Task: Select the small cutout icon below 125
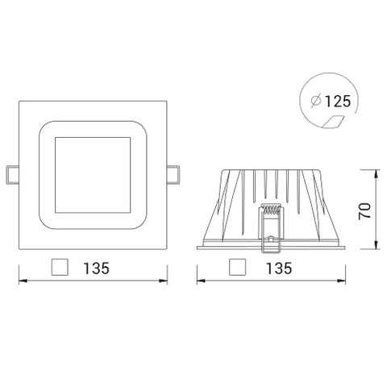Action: pos(331,121)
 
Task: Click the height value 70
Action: pos(364,211)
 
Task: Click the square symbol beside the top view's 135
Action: pos(59,267)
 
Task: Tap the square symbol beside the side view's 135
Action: pos(237,267)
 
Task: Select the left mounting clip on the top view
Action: pos(12,173)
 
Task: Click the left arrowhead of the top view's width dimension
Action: pos(21,281)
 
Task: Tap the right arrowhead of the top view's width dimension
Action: pos(166,281)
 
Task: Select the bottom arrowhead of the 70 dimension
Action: pos(377,247)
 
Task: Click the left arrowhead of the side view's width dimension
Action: pos(199,281)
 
